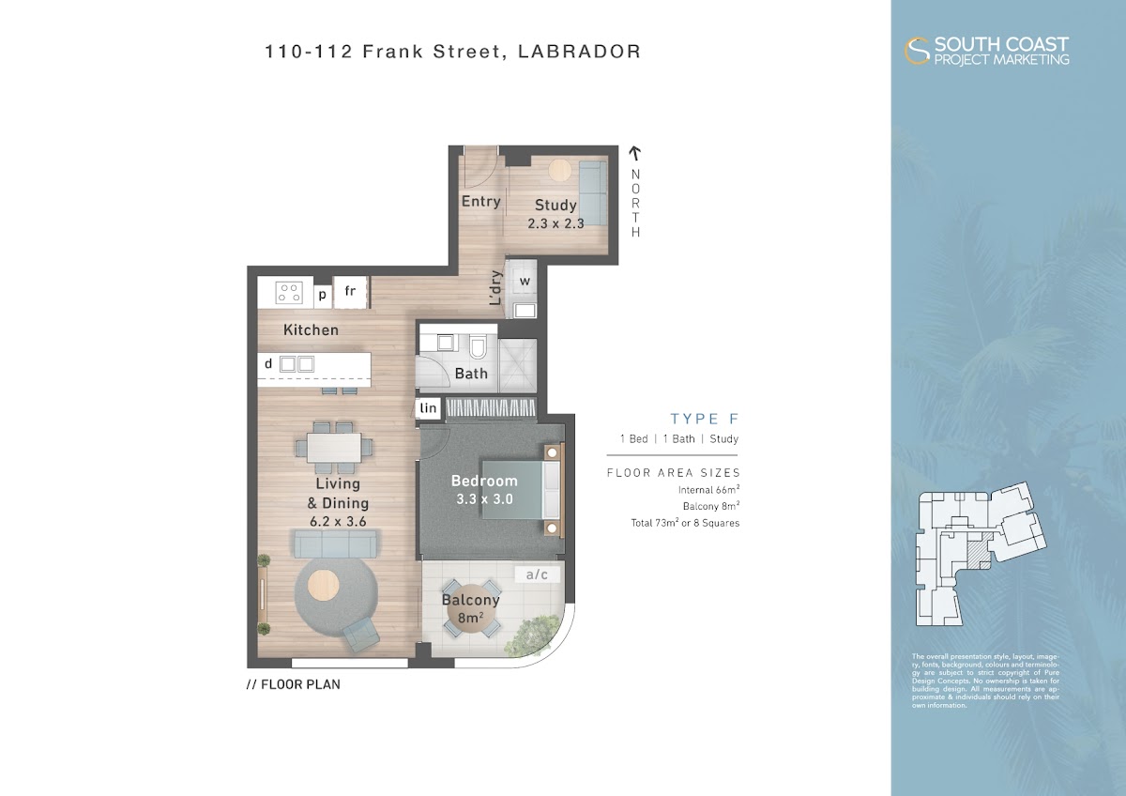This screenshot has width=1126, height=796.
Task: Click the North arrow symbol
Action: click(x=635, y=153)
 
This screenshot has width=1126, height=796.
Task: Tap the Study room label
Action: click(x=555, y=205)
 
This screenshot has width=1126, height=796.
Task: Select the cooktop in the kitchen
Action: click(x=289, y=292)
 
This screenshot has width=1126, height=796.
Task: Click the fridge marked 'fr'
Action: click(x=350, y=292)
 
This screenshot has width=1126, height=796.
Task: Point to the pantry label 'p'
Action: click(x=322, y=295)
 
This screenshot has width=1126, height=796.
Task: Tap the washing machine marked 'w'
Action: click(x=525, y=282)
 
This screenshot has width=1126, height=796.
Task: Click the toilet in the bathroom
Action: click(x=478, y=347)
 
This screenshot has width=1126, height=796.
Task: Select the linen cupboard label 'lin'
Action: click(x=428, y=407)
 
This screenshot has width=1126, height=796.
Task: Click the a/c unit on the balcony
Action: click(x=537, y=574)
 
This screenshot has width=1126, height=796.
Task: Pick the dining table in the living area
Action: click(x=334, y=447)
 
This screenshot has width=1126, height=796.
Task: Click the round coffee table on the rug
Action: click(x=323, y=586)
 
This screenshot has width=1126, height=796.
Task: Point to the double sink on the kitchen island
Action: click(x=297, y=363)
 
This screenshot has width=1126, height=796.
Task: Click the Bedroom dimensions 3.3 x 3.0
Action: click(x=484, y=499)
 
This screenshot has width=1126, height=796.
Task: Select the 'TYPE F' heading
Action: click(x=705, y=419)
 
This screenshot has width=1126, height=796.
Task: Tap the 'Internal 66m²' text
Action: click(x=708, y=489)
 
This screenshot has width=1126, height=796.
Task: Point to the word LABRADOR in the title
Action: click(x=580, y=52)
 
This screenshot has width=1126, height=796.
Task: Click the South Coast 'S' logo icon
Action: click(x=917, y=51)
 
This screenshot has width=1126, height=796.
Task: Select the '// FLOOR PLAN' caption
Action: click(x=294, y=684)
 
